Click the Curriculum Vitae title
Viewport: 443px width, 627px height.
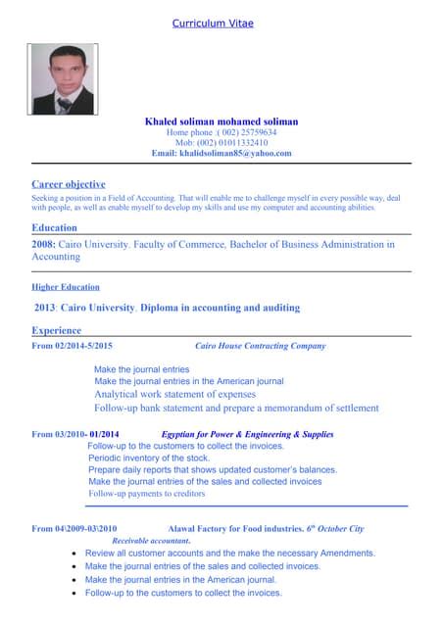221,23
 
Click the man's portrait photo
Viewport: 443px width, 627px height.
62,79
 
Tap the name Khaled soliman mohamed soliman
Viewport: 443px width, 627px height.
221,121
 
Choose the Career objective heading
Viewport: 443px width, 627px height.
68,183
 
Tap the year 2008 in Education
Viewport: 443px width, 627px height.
43,244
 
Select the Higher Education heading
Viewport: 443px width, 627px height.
65,287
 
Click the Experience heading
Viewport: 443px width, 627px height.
57,331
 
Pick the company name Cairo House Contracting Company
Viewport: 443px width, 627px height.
261,346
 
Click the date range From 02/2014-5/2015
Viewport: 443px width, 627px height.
72,346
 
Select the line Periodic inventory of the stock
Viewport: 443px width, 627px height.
149,458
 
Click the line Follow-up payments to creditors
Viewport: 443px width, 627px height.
147,494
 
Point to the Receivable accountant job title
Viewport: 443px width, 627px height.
151,541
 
